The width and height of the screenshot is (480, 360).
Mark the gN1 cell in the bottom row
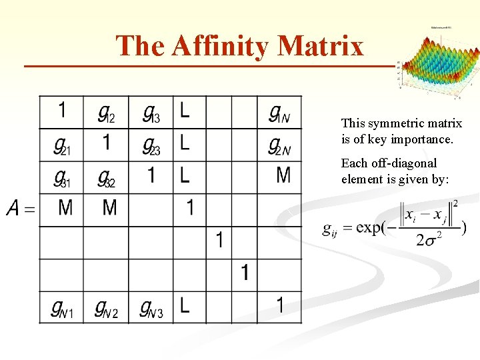pos(61,308)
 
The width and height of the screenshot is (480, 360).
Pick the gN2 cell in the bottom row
pos(106,308)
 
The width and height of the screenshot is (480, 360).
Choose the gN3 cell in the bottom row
pos(151,308)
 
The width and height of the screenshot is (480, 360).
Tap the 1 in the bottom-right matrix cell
pos(280,306)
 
